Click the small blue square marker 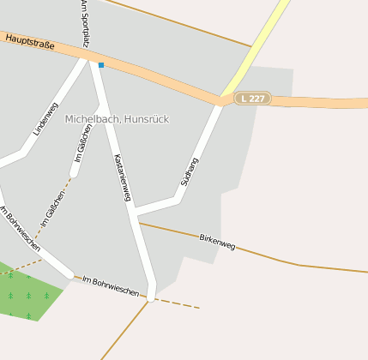[x=101, y=65]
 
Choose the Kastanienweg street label [x=122, y=178]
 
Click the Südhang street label [x=190, y=171]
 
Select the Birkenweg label [x=216, y=241]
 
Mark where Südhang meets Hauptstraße [x=220, y=101]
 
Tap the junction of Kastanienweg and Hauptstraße [x=95, y=62]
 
